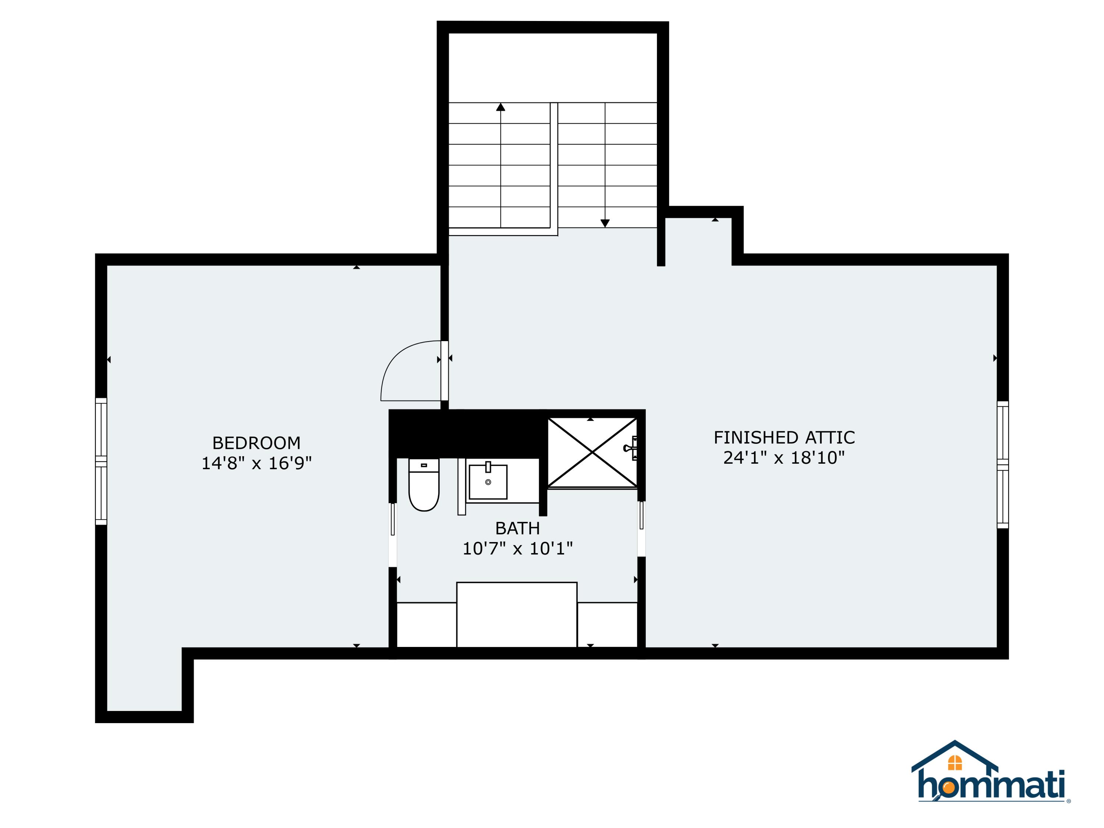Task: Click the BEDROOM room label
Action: point(256,443)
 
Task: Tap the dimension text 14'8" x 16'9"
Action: point(256,463)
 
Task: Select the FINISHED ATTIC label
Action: point(784,438)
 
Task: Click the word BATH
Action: point(517,528)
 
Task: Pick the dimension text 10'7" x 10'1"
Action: point(517,549)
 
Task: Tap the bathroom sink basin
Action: point(488,482)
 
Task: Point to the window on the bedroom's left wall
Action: point(101,461)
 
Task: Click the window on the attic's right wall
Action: point(1003,464)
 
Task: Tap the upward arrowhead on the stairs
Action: point(500,107)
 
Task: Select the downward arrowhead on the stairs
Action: point(605,223)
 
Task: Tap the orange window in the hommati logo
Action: point(955,762)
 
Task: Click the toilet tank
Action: point(424,465)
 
